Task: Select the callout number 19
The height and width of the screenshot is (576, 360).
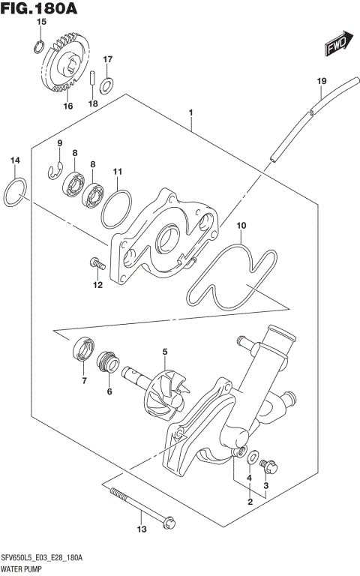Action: pyautogui.click(x=321, y=81)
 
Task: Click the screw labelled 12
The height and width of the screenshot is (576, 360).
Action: pyautogui.click(x=96, y=262)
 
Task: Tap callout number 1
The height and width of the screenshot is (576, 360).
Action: pyautogui.click(x=192, y=113)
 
